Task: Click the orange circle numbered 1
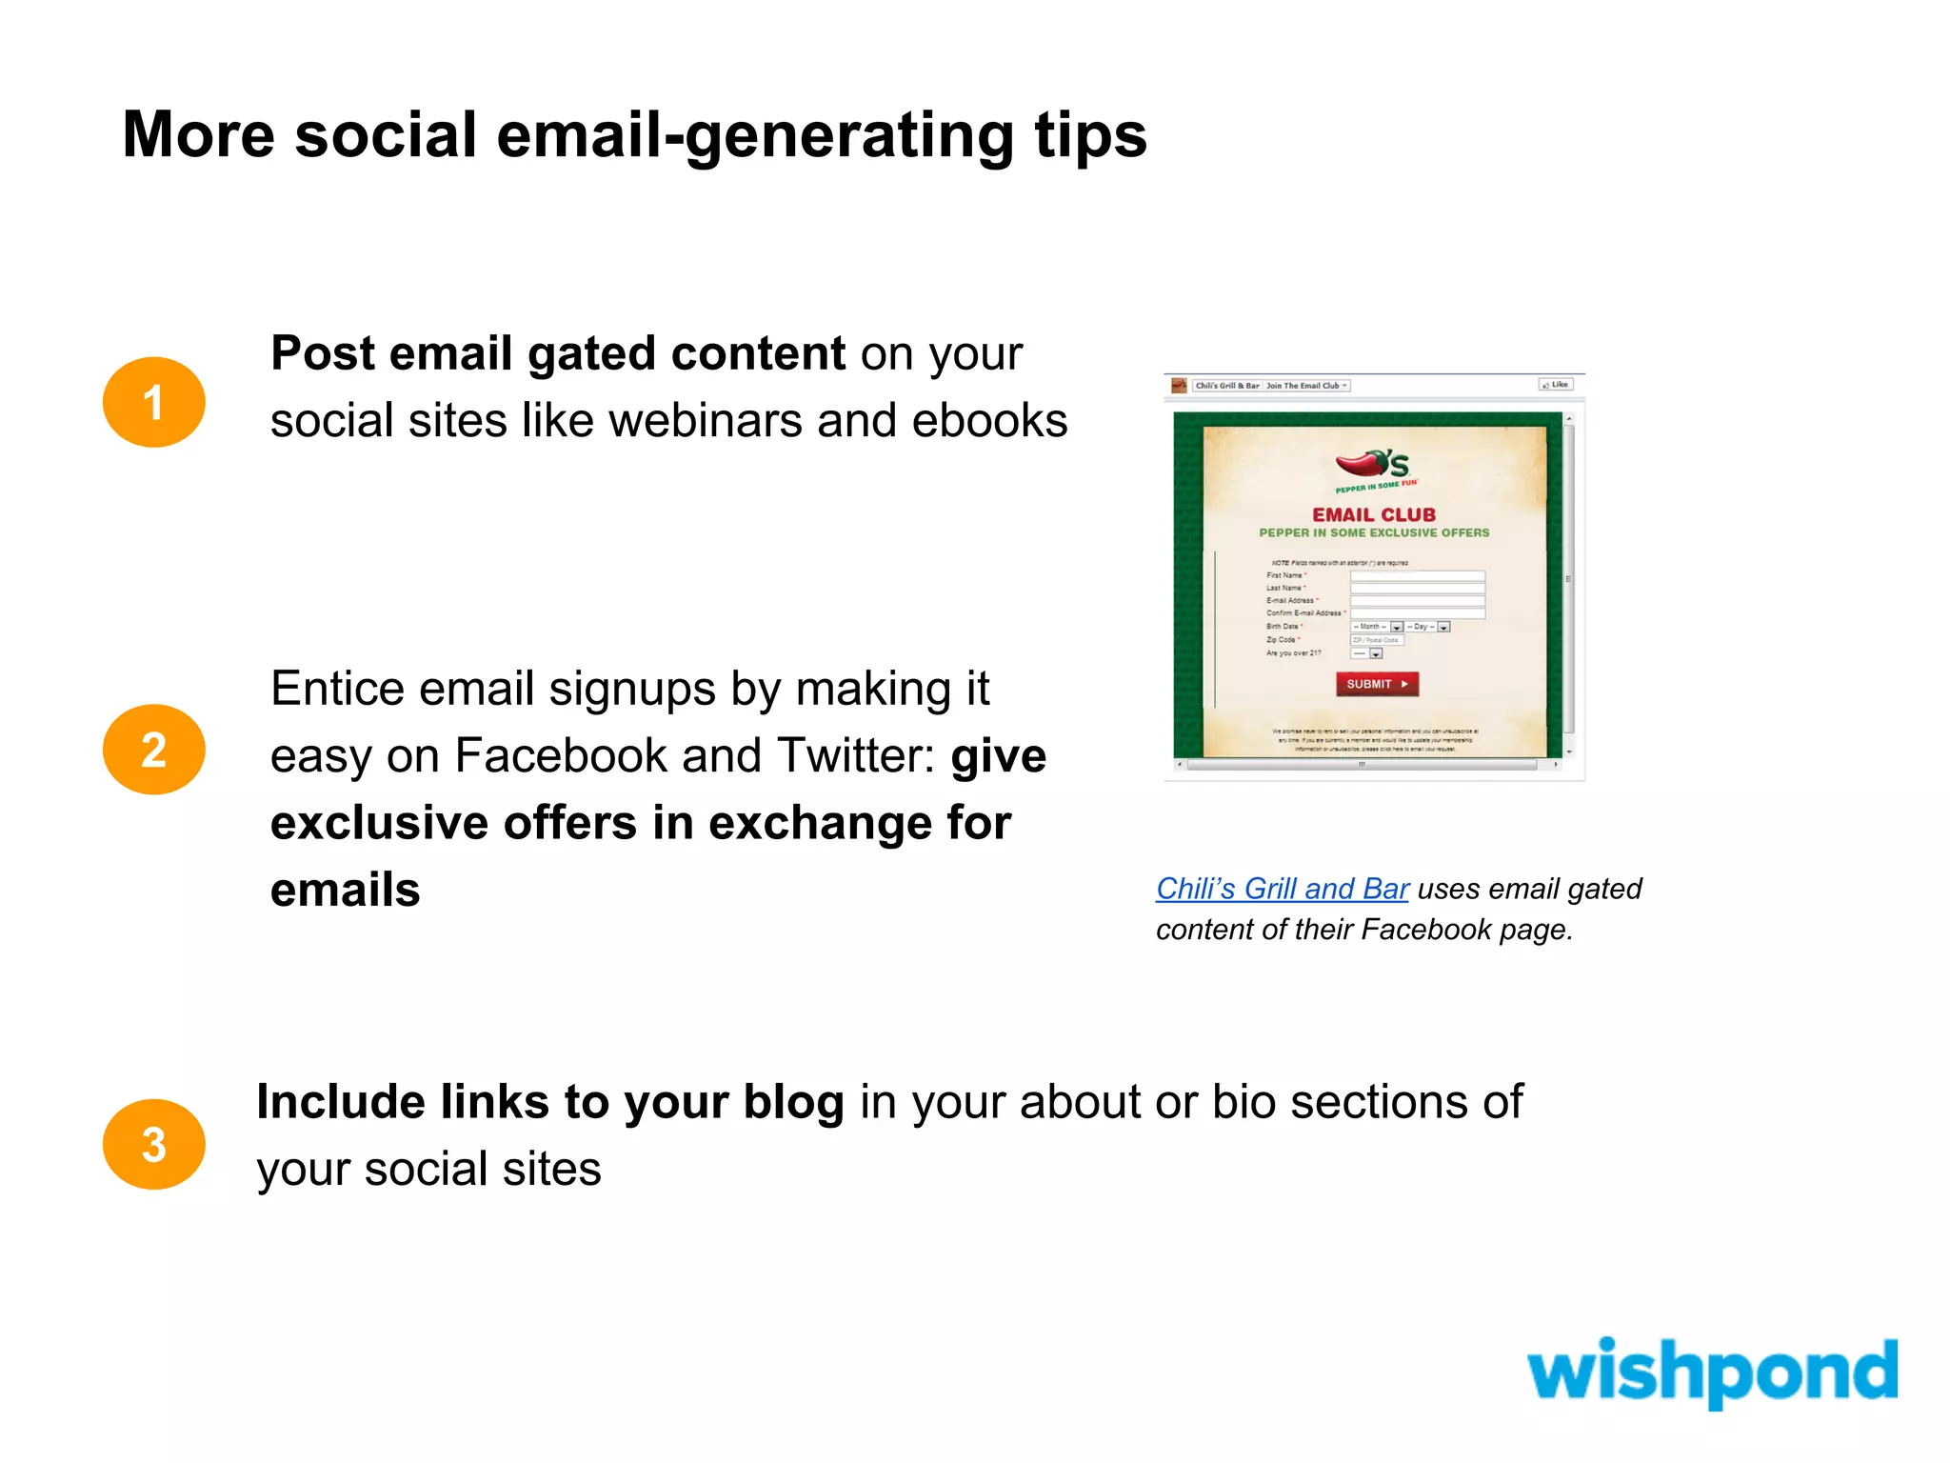153,402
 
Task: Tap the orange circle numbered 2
153,750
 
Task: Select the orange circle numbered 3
153,1144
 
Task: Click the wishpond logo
1711,1372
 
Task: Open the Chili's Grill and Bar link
1282,889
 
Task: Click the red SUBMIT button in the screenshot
1377,684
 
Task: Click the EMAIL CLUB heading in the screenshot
1374,514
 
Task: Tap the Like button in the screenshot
1556,385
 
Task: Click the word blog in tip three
793,1103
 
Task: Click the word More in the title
198,135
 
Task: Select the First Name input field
1417,575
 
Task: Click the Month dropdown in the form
1377,627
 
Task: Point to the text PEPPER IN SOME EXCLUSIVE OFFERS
1374,533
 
